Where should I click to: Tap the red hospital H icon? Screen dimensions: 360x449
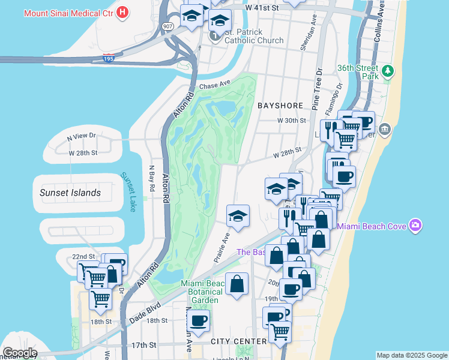123,11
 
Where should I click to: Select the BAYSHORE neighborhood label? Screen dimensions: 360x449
280,106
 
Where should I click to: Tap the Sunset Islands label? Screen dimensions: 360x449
70,193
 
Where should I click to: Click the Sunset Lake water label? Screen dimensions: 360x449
128,192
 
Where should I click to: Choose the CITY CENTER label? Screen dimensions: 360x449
239,341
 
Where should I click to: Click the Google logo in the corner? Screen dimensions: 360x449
19,353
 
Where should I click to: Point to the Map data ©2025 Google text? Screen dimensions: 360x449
412,355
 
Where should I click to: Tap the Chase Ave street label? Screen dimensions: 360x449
215,86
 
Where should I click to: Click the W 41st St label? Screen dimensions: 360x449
262,8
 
